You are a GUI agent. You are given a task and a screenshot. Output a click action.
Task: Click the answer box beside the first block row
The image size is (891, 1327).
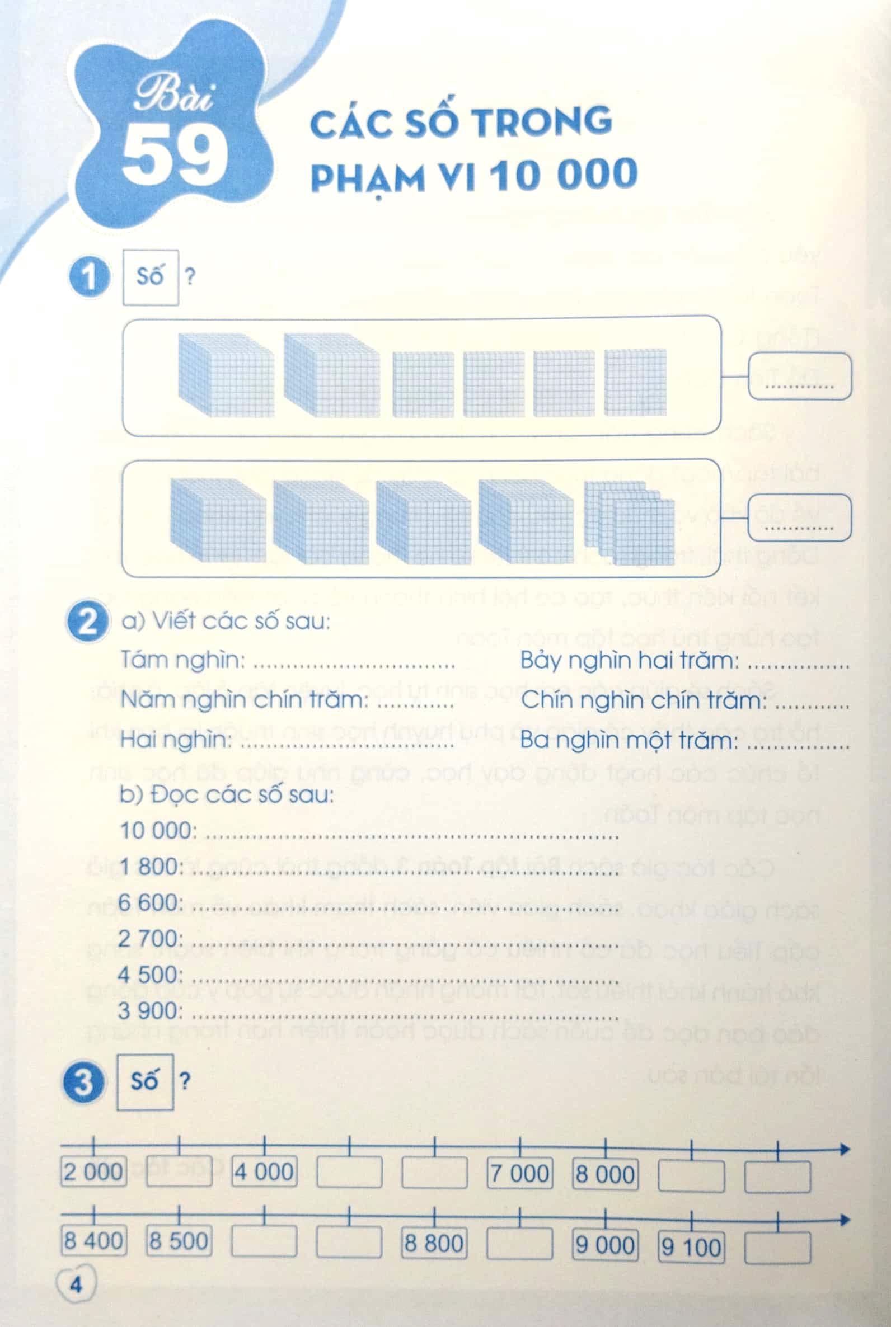800,376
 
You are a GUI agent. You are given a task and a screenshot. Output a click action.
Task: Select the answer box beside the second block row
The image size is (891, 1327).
800,517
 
